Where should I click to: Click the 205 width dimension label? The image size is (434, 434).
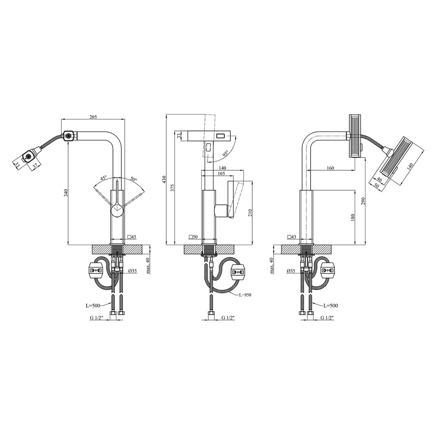pyautogui.click(x=93, y=117)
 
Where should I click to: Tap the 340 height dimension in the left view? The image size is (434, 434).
pyautogui.click(x=66, y=193)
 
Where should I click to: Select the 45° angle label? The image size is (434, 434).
pyautogui.click(x=103, y=178)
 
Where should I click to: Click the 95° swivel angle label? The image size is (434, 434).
pyautogui.click(x=226, y=153)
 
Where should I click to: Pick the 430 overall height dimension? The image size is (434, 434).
pyautogui.click(x=164, y=179)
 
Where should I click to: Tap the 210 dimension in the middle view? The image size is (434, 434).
pyautogui.click(x=250, y=213)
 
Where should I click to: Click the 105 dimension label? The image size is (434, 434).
pyautogui.click(x=221, y=174)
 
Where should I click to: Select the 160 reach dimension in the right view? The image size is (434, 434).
pyautogui.click(x=330, y=168)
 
